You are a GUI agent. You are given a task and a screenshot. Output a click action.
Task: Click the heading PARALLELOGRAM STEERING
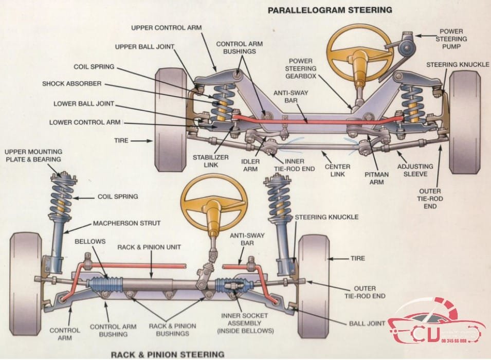[330, 10]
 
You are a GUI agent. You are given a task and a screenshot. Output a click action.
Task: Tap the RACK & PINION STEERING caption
[168, 354]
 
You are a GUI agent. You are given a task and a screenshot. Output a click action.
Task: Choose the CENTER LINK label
[337, 171]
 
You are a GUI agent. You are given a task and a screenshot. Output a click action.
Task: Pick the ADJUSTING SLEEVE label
[414, 171]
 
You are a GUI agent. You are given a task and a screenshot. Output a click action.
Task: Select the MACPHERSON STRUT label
[126, 223]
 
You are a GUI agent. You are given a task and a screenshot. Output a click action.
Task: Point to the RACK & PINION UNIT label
[150, 247]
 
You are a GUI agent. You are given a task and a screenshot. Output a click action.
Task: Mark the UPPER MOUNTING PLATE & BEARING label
[33, 155]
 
